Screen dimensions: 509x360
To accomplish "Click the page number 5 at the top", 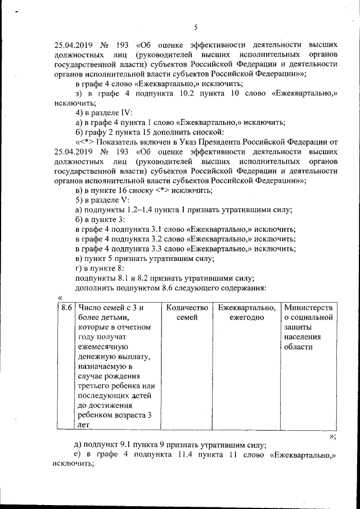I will click(x=195, y=27).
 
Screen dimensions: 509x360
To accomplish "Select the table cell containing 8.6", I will click(x=66, y=308).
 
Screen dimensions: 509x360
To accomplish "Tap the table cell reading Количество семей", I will click(x=187, y=313).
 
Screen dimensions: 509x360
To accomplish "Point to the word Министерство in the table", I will click(x=308, y=308).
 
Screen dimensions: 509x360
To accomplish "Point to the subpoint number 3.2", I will click(x=156, y=239).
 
